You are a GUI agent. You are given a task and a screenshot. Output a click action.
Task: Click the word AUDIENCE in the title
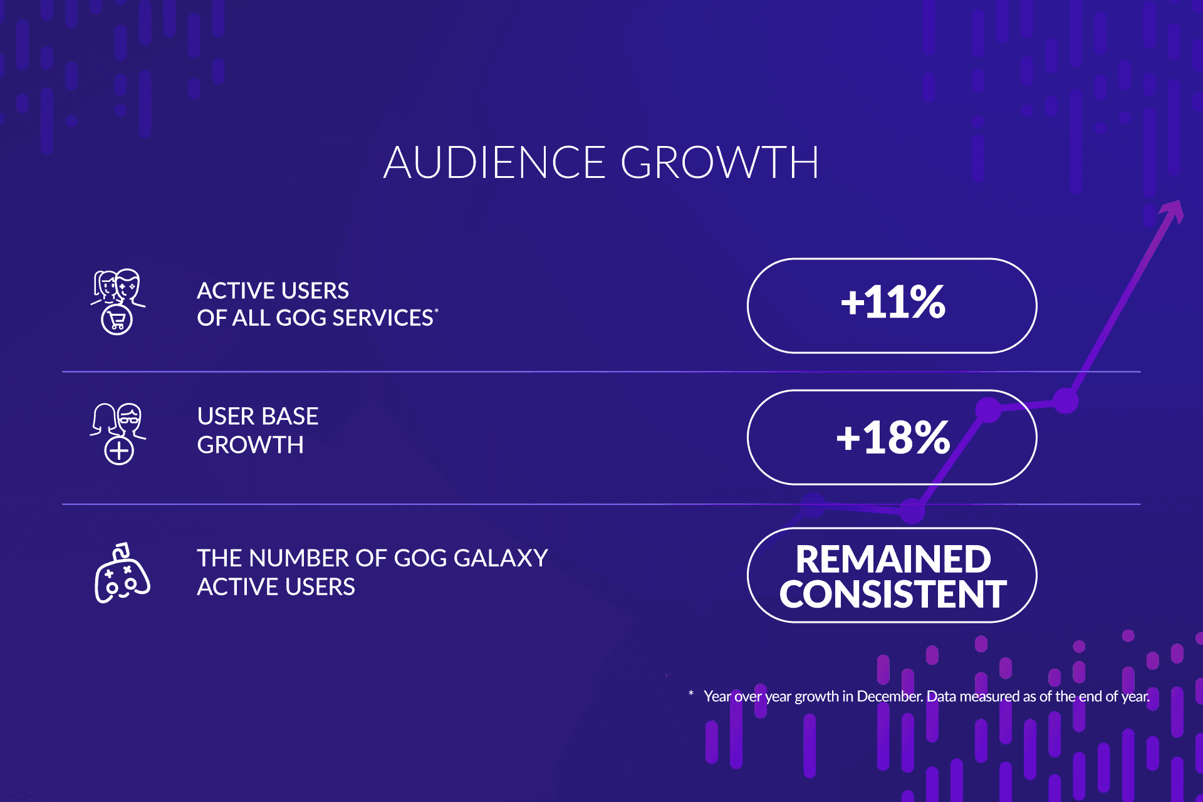click(x=495, y=162)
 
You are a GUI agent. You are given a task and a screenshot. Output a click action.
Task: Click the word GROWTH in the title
click(x=720, y=162)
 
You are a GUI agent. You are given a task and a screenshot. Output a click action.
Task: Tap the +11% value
click(x=893, y=302)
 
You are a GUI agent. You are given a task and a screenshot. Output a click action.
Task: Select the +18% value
click(x=893, y=437)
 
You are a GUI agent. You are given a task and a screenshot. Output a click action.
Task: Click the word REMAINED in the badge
click(x=893, y=559)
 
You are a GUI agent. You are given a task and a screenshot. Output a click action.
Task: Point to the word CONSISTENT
click(x=893, y=594)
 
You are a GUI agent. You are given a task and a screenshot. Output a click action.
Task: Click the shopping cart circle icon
click(x=117, y=320)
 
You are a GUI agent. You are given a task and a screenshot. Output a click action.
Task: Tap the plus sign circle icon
click(x=119, y=450)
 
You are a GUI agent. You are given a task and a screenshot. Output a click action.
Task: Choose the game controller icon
click(x=122, y=573)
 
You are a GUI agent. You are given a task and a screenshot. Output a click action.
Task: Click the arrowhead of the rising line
click(x=1173, y=212)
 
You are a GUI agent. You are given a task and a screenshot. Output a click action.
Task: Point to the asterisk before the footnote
click(x=691, y=693)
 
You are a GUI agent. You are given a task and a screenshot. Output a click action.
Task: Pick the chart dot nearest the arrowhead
click(x=1065, y=401)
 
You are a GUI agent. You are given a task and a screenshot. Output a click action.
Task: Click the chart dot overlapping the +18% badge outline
click(x=989, y=410)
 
